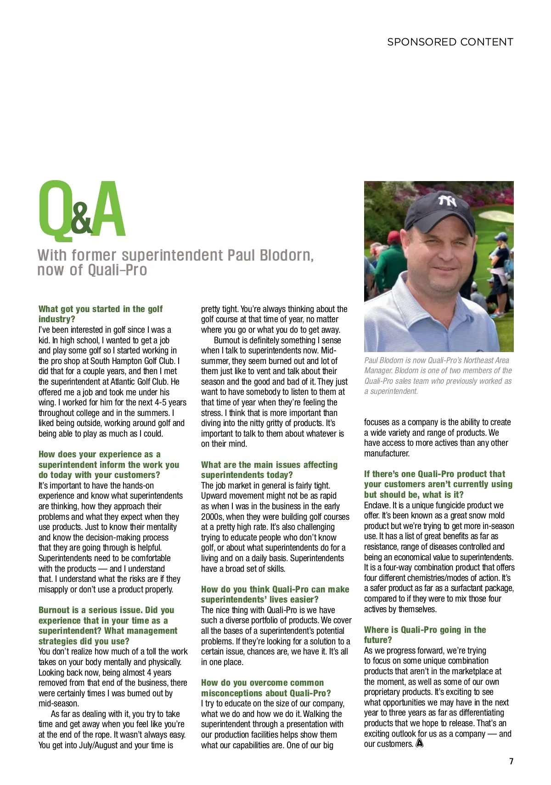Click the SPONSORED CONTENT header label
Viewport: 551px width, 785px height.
450,42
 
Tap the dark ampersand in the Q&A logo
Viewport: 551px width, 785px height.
81,220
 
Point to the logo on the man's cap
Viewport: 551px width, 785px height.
447,201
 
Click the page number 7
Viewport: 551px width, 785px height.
511,761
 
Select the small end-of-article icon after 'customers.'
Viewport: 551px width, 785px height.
419,744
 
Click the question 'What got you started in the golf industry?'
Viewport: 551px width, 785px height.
100,314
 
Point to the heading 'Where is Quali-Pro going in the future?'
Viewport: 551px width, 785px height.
424,635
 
